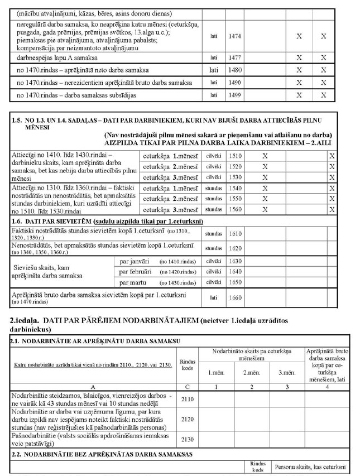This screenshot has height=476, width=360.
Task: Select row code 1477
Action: [235, 57]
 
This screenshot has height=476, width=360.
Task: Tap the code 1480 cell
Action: [235, 70]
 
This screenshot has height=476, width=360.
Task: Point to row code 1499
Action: [235, 95]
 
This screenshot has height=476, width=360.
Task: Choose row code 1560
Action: [235, 210]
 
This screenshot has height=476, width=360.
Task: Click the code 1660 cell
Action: [235, 297]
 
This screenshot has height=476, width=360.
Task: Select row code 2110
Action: [188, 399]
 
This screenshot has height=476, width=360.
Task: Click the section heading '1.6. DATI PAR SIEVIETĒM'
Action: [74, 222]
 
